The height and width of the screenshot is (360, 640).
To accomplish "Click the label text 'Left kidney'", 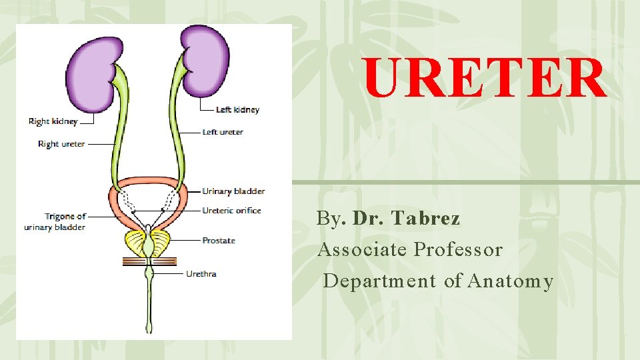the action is (x=237, y=109).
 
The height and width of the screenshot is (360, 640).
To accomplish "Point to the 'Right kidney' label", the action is (x=53, y=121).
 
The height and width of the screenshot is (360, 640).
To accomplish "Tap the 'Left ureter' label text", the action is (x=223, y=132).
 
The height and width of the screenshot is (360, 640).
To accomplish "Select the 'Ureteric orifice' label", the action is (x=231, y=211).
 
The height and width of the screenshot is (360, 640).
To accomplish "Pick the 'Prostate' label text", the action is (x=219, y=241).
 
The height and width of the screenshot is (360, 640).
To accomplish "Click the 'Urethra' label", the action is (x=201, y=273).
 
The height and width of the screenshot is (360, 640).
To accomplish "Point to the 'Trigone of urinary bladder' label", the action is (x=55, y=222).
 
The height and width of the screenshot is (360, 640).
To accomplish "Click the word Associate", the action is (x=363, y=250).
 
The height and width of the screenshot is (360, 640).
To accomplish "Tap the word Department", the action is (x=379, y=282).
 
